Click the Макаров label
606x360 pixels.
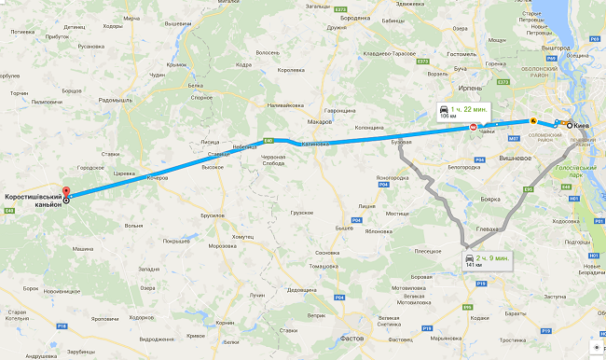pyautogui.click(x=320, y=121)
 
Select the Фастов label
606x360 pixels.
pyautogui.click(x=352, y=338)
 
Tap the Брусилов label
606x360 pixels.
pyautogui.click(x=213, y=215)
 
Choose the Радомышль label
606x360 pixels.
pyautogui.click(x=116, y=100)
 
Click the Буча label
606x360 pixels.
pyautogui.click(x=460, y=69)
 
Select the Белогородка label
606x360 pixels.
pyautogui.click(x=463, y=168)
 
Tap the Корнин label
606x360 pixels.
pyautogui.click(x=225, y=323)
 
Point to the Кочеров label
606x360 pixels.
pyautogui.click(x=157, y=177)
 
